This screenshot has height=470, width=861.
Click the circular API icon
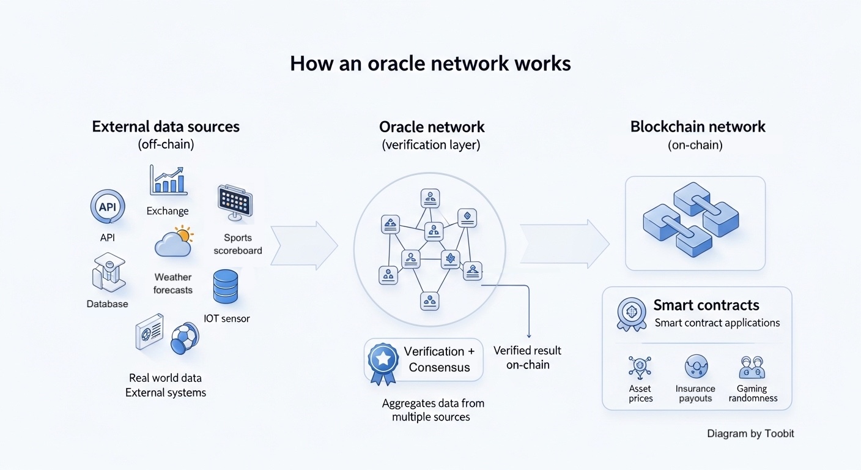[108, 207]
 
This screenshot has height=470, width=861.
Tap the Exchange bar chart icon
[168, 181]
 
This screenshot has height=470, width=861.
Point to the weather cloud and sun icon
[173, 242]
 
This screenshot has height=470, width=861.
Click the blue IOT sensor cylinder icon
[226, 287]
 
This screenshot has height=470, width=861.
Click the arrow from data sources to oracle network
[303, 245]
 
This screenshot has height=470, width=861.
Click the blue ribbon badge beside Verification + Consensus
[383, 362]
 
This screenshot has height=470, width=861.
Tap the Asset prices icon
[640, 367]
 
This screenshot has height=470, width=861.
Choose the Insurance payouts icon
[696, 367]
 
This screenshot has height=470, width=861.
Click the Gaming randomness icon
[752, 368]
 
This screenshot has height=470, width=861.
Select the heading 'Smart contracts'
[706, 305]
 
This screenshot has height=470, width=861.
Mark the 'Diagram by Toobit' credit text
[750, 433]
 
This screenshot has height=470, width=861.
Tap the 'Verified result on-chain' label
[527, 358]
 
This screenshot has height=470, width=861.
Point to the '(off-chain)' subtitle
[165, 145]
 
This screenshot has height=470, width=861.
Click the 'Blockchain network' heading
[698, 127]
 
